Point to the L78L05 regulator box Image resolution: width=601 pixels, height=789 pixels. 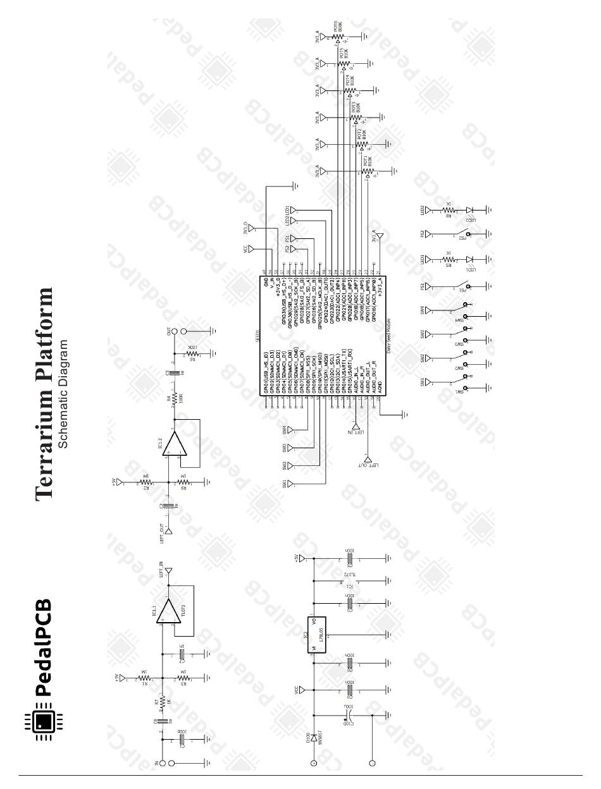click(x=314, y=635)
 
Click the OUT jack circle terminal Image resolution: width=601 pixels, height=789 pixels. click(x=183, y=331)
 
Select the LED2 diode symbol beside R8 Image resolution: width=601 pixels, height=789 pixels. click(x=469, y=210)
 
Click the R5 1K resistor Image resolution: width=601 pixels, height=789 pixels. click(x=448, y=259)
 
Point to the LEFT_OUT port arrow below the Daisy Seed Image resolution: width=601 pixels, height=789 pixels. click(x=367, y=460)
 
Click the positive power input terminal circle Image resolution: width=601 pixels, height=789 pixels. click(x=313, y=764)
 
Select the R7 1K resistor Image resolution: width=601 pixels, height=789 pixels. click(x=163, y=702)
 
